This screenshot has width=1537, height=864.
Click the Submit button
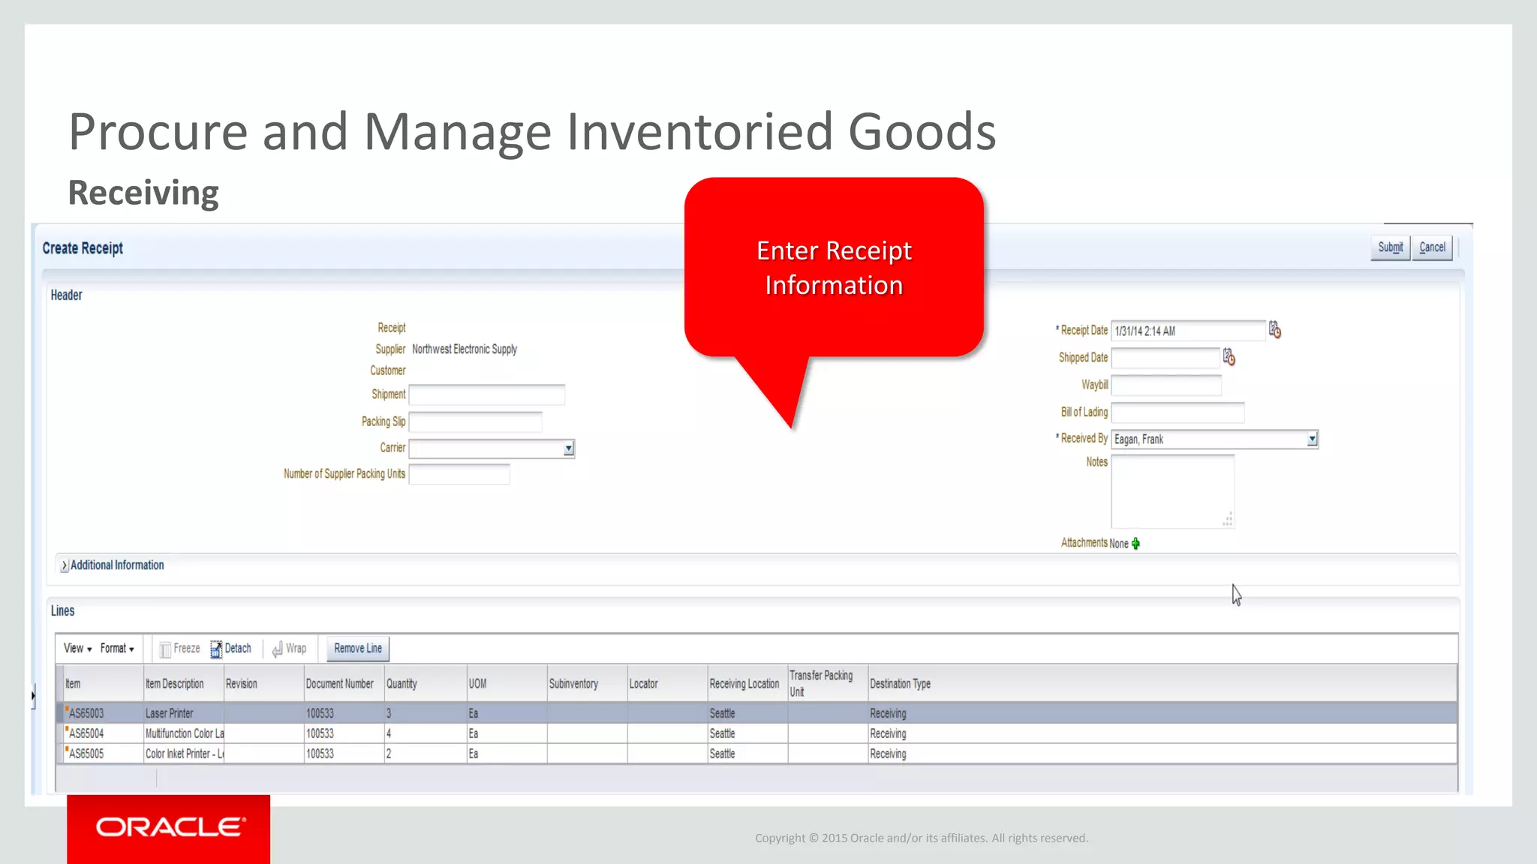click(x=1390, y=247)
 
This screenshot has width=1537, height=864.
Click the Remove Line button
click(x=358, y=649)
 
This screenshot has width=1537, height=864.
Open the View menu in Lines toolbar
click(x=77, y=649)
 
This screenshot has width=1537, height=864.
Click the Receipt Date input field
click(x=1187, y=331)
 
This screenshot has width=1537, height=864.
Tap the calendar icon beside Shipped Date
click(x=1229, y=357)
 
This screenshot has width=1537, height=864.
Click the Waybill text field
click(x=1166, y=385)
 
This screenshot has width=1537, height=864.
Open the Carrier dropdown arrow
click(x=569, y=448)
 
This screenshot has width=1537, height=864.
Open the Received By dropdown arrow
click(x=1312, y=439)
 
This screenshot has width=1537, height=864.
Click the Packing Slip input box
click(x=475, y=422)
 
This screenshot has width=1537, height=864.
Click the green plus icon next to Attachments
click(x=1135, y=544)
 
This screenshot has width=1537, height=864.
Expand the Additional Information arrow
click(x=64, y=565)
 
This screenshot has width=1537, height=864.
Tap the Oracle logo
click(x=169, y=827)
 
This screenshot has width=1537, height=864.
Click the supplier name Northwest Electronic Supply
click(x=465, y=349)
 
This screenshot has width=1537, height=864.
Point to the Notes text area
click(x=1172, y=491)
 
